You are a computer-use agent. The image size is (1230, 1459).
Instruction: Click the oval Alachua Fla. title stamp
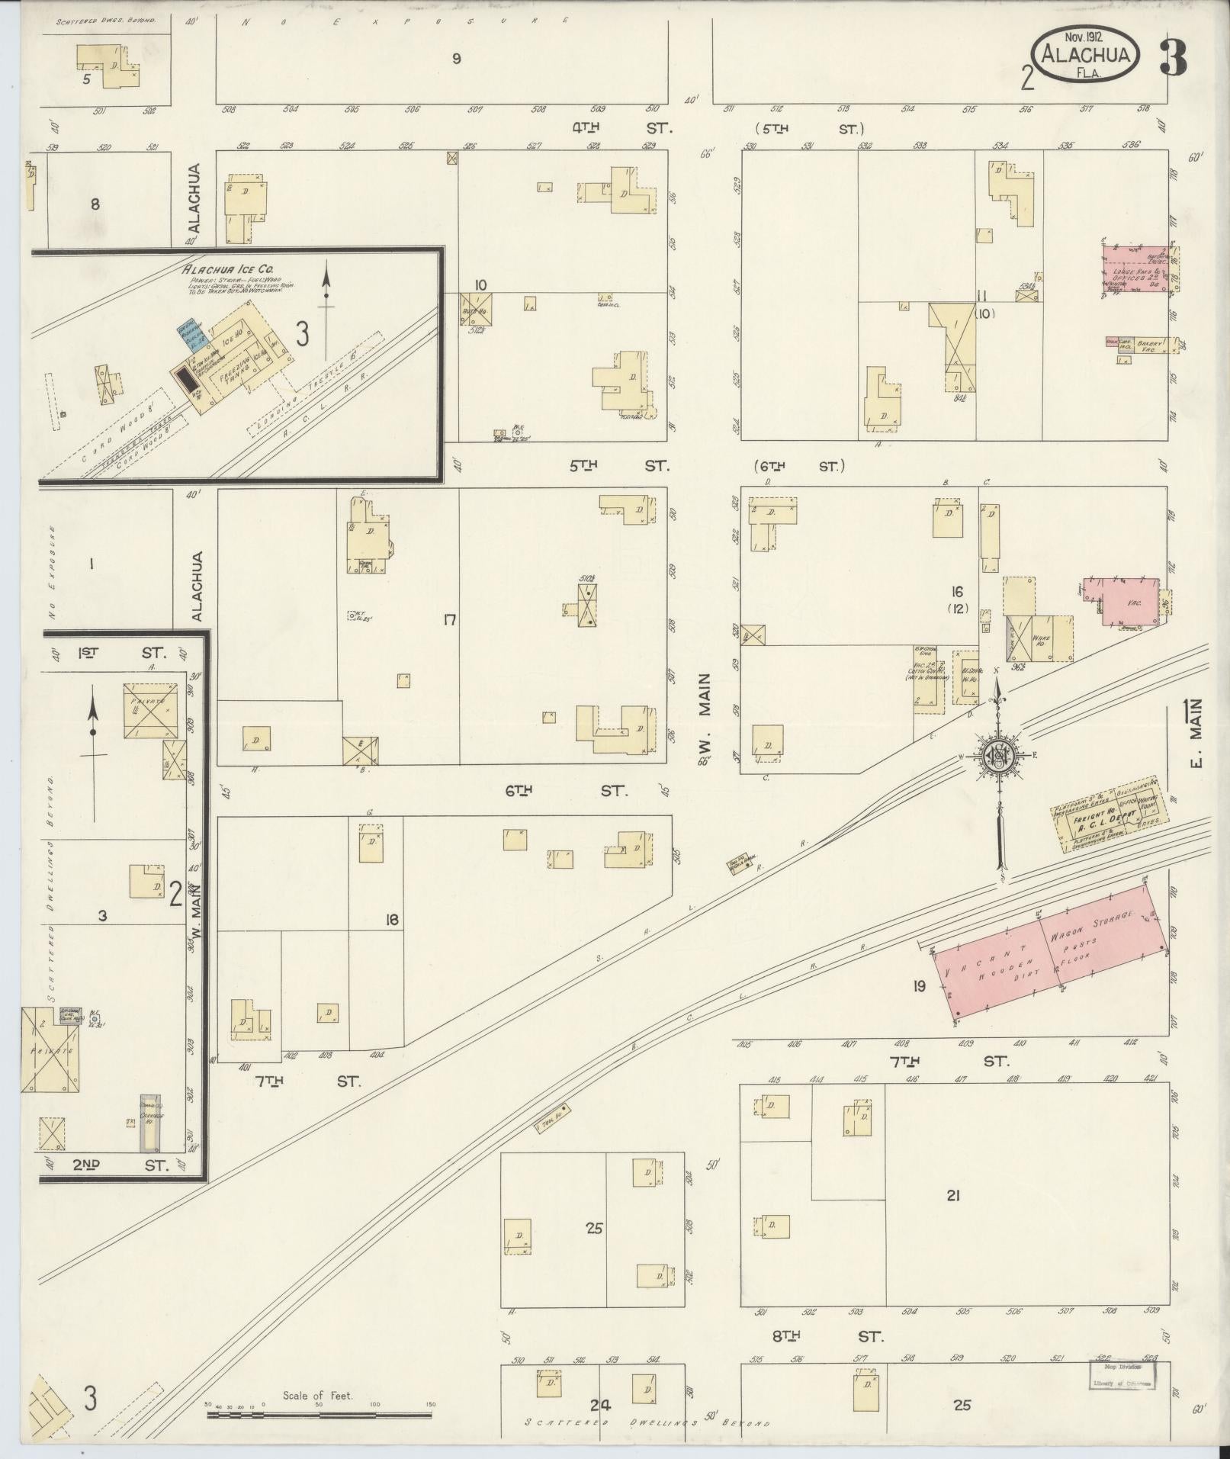(1086, 56)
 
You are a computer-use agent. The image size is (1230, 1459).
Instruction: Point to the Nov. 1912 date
(1086, 37)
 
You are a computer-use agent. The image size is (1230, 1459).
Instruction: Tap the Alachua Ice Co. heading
(217, 269)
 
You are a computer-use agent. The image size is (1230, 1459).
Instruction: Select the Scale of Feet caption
(317, 1395)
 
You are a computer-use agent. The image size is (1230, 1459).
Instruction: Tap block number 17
(450, 620)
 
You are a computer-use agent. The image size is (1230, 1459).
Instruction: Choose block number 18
(392, 920)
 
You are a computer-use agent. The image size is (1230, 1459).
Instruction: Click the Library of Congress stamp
(1120, 1374)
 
